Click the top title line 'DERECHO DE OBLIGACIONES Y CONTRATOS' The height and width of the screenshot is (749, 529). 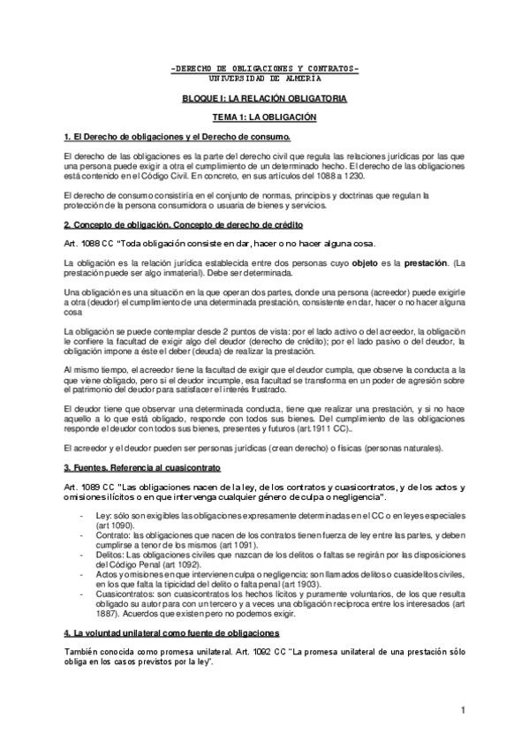coord(264,68)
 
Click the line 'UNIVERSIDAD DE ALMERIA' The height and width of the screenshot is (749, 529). coord(264,77)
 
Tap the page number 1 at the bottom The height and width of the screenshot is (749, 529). coord(462,710)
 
